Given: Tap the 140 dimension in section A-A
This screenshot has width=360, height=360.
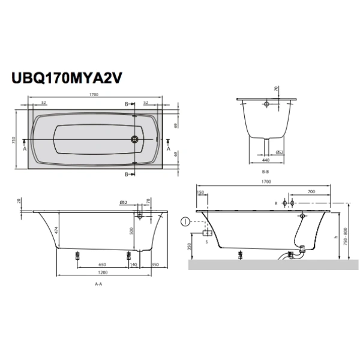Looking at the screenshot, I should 133,264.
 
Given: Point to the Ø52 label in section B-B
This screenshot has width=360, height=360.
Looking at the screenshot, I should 279,152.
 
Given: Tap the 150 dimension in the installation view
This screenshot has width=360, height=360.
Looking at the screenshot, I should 200,192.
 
